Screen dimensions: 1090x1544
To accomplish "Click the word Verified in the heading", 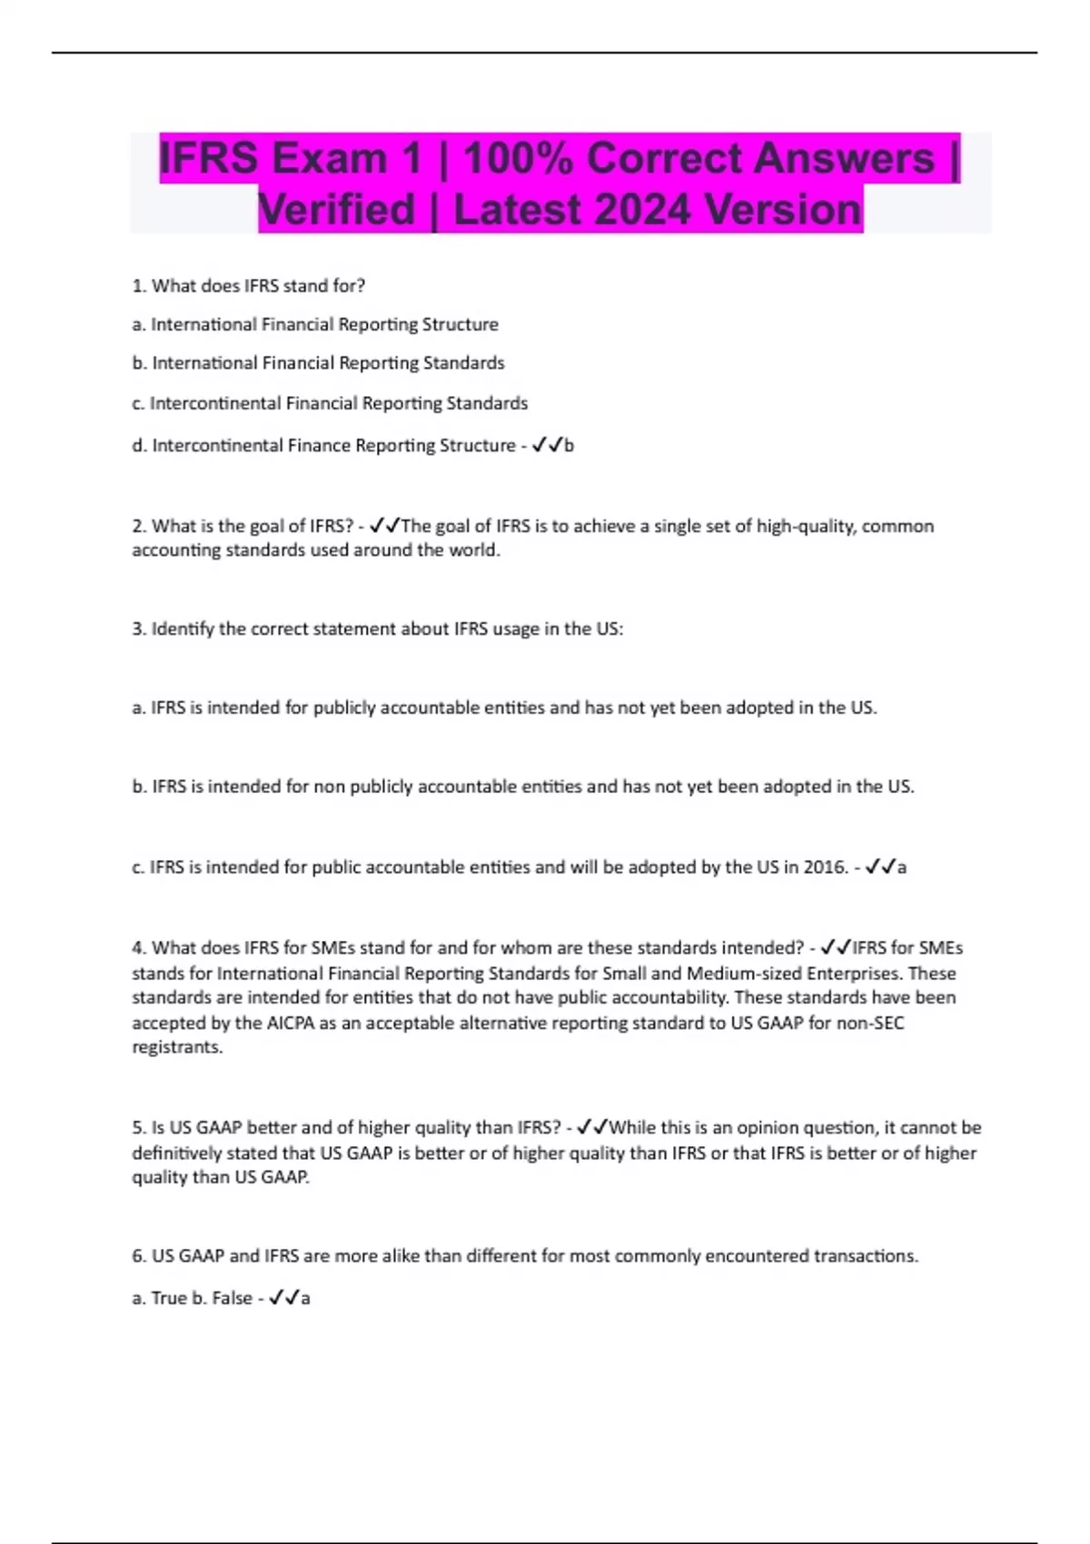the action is [337, 209].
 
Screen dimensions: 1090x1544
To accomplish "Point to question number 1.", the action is [139, 286].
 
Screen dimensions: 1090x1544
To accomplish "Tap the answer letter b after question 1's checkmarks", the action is [570, 446].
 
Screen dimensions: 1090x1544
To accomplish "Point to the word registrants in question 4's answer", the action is [177, 1047].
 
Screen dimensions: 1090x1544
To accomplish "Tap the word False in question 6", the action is [232, 1299].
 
